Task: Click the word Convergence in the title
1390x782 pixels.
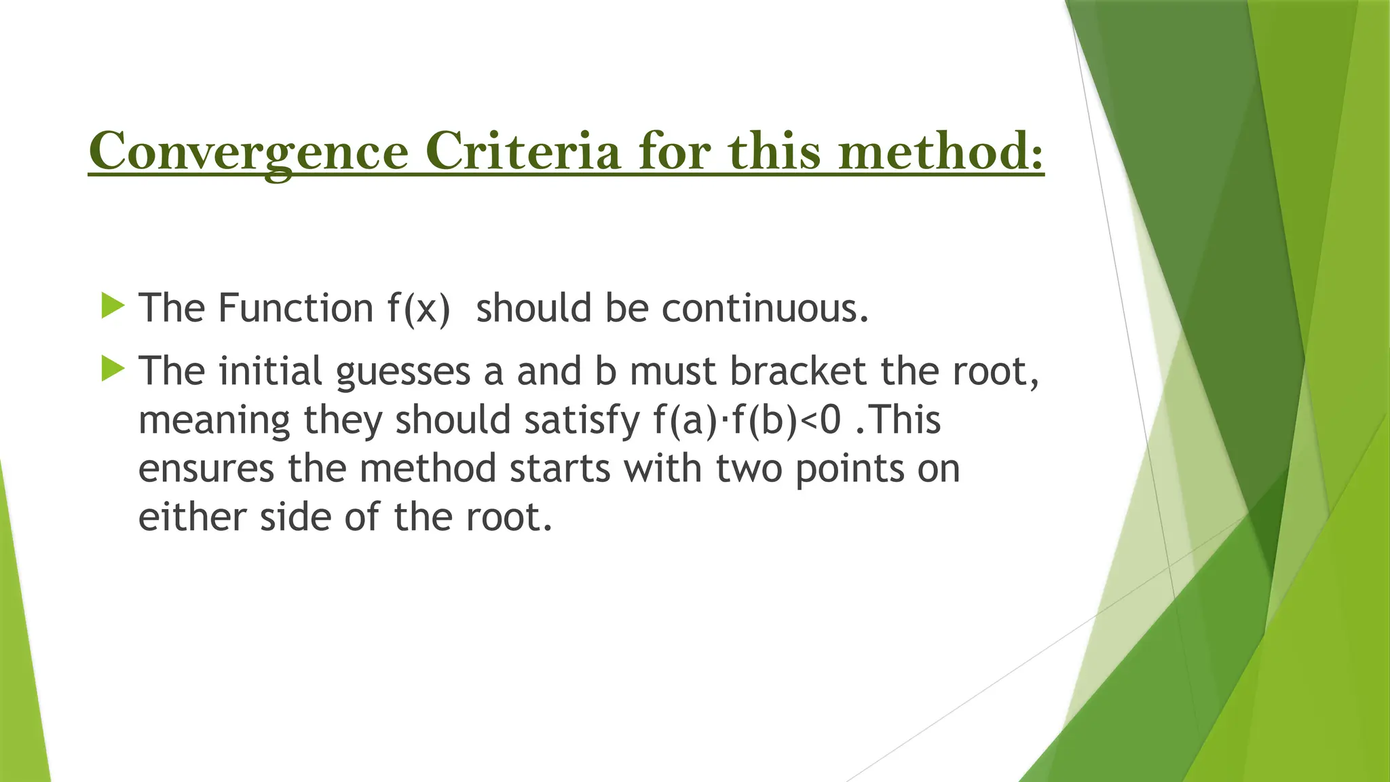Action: tap(248, 151)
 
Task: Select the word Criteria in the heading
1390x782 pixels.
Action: tap(523, 151)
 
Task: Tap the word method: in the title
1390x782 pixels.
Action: tap(941, 151)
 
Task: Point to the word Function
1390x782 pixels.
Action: tap(295, 308)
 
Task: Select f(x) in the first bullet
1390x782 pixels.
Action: tap(419, 308)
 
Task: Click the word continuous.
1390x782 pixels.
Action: tap(765, 308)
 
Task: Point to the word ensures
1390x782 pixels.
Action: tap(206, 469)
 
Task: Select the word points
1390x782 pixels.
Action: tap(850, 469)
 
